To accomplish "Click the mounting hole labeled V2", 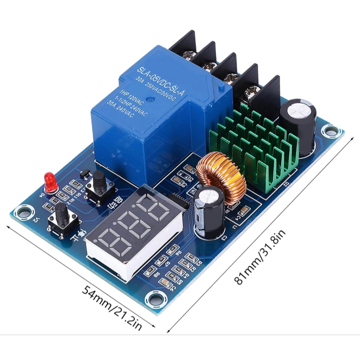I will [x=21, y=211].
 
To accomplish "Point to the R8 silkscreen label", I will [x=156, y=274].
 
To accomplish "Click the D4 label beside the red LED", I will [x=43, y=194].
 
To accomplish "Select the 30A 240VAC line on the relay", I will [x=118, y=108].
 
